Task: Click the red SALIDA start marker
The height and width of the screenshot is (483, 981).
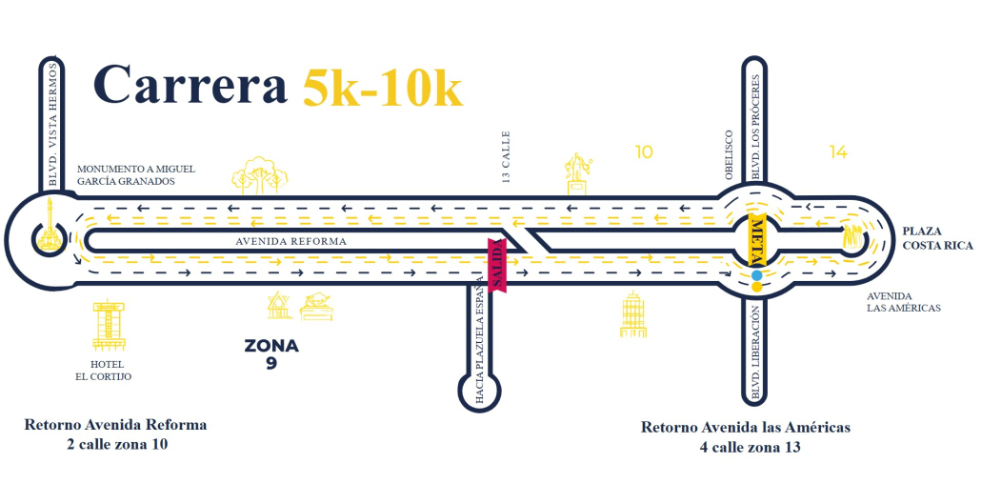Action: [x=496, y=264]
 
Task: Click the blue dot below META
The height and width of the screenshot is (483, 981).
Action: [x=756, y=276]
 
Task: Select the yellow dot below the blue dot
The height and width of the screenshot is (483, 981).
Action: [x=756, y=286]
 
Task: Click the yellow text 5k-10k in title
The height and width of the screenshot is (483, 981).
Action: [x=383, y=88]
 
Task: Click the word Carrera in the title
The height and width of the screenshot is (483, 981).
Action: [x=190, y=87]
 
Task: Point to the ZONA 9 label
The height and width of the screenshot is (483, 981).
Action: [x=271, y=352]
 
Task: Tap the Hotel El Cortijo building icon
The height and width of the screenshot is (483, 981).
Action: [x=108, y=324]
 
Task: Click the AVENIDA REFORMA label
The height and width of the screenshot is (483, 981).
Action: [x=291, y=242]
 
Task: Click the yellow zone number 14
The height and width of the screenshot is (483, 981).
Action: [x=838, y=151]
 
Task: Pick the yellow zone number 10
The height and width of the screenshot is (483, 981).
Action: [x=644, y=151]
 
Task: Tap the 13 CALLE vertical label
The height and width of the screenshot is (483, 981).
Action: [x=507, y=155]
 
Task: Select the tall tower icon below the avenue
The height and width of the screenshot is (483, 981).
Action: [x=633, y=314]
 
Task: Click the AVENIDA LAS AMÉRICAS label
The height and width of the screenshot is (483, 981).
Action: [x=903, y=302]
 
